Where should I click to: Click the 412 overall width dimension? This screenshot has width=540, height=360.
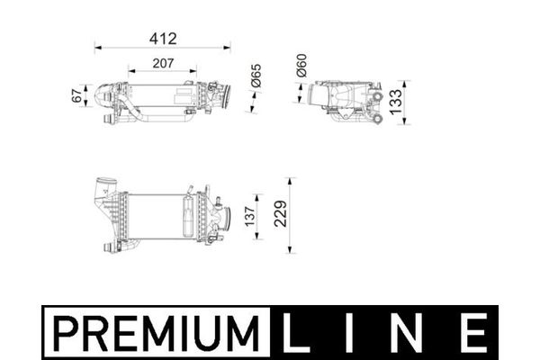click(x=163, y=39)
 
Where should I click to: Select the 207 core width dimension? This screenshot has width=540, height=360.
click(x=163, y=63)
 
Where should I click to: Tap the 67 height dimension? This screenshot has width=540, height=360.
click(x=76, y=94)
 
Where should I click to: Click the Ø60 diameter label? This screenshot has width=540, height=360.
click(x=302, y=66)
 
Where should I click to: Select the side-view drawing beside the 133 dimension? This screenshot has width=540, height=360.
click(x=346, y=99)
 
